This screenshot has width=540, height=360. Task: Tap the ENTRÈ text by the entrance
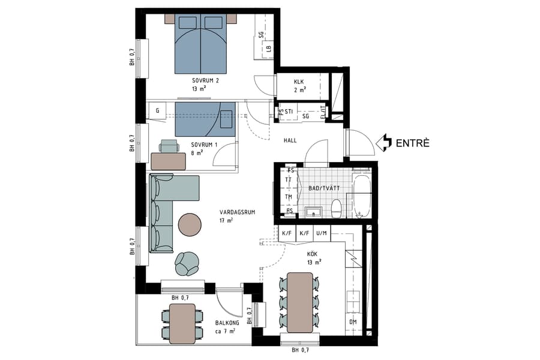413,143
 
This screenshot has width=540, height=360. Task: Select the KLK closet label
299,82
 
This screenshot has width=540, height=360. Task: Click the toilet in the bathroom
337,209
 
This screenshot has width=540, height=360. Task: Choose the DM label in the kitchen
352,322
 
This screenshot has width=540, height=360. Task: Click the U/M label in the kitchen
322,233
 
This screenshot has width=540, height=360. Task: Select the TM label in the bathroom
289,196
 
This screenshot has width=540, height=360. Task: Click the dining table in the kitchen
300,302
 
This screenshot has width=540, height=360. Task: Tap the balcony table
182,323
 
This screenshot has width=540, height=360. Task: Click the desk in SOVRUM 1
169,161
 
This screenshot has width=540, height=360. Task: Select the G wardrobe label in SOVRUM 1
157,110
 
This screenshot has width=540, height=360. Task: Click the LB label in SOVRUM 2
269,49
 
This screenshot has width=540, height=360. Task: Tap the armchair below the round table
188,263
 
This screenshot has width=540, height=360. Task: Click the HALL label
290,140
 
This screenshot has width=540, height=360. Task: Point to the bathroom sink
312,211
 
